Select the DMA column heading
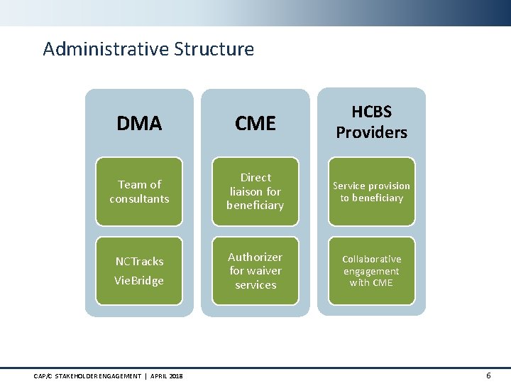tap(139, 124)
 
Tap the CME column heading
tap(255, 124)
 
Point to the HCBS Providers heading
tap(371, 122)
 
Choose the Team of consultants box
tap(139, 191)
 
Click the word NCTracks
tap(139, 261)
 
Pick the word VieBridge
tap(139, 280)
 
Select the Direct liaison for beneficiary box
tap(255, 191)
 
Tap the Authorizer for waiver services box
tap(255, 270)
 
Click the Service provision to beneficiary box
tap(371, 191)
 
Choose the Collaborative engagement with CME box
tap(371, 270)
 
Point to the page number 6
tap(488, 375)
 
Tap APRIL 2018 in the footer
tap(166, 375)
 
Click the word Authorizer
tap(255, 257)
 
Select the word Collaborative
tap(371, 259)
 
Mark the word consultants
tap(139, 198)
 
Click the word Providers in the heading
tap(371, 132)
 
